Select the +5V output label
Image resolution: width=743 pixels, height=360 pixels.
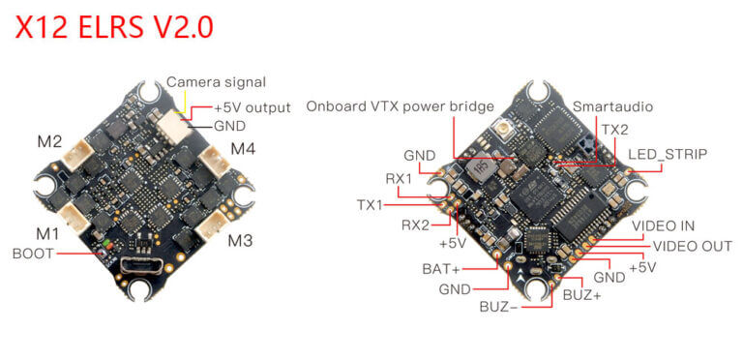pos(252,107)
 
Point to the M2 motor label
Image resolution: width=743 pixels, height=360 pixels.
pos(50,142)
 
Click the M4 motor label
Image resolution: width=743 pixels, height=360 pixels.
pos(244,149)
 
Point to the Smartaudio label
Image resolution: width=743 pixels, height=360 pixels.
pos(607,105)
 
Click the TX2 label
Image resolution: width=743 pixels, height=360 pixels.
pos(614,129)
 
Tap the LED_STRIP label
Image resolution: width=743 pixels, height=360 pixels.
pos(668,154)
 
